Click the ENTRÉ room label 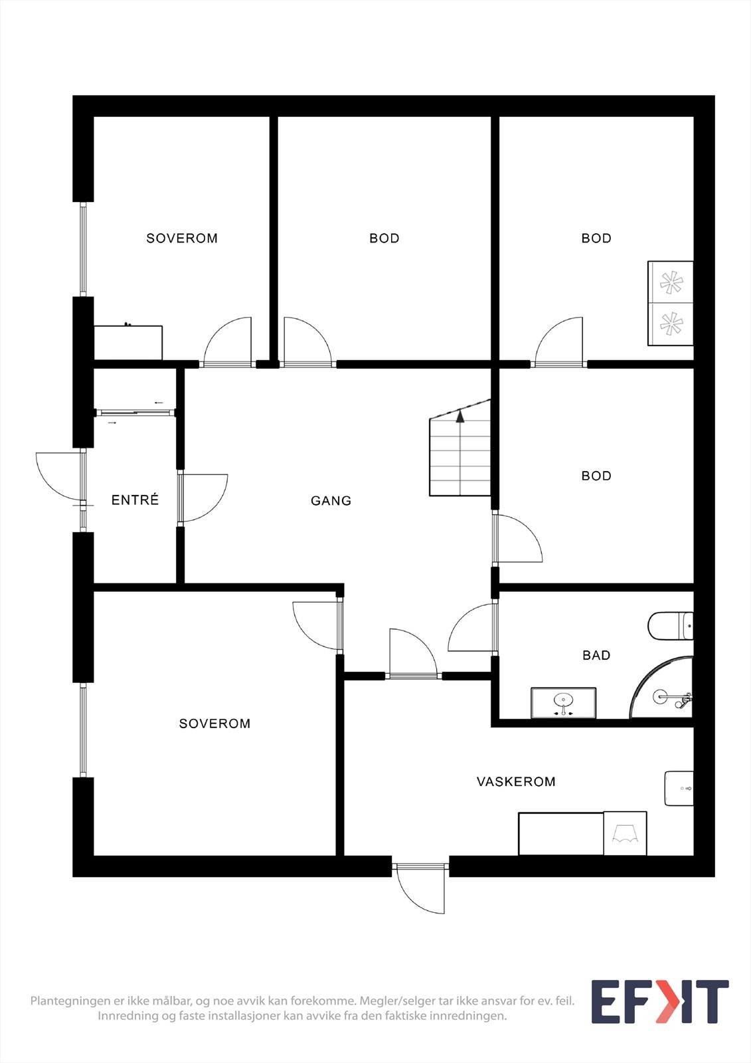click(135, 500)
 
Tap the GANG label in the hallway click(331, 501)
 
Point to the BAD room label click(596, 655)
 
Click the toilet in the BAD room click(671, 626)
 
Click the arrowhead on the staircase click(459, 417)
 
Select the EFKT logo click(660, 1001)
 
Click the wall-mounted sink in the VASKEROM click(679, 788)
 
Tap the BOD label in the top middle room click(384, 239)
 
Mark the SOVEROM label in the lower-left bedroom click(214, 724)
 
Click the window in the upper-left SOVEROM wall click(84, 249)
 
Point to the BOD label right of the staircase click(596, 476)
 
